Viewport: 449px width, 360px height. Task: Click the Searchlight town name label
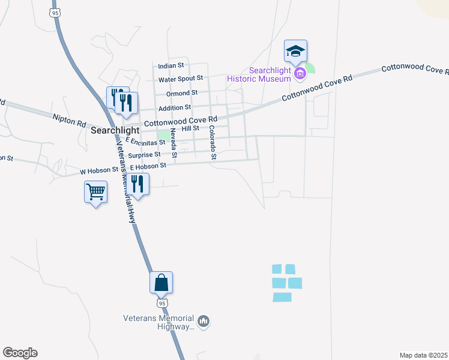pyautogui.click(x=115, y=130)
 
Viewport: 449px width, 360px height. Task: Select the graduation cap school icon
pyautogui.click(x=295, y=51)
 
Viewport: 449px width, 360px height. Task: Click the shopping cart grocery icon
pyautogui.click(x=96, y=192)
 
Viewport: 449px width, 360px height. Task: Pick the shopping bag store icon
pyautogui.click(x=161, y=282)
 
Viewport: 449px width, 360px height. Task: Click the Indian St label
pyautogui.click(x=171, y=65)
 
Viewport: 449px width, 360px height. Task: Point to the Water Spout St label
pyautogui.click(x=181, y=79)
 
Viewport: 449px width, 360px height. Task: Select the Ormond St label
pyautogui.click(x=182, y=93)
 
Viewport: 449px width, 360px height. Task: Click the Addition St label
pyautogui.click(x=174, y=107)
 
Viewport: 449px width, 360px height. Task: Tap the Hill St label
pyautogui.click(x=190, y=128)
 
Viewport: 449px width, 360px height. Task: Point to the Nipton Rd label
pyautogui.click(x=69, y=121)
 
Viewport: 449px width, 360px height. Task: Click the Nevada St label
pyautogui.click(x=173, y=143)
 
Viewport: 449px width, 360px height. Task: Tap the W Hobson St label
pyautogui.click(x=99, y=171)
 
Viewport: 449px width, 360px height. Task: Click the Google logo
pyautogui.click(x=20, y=353)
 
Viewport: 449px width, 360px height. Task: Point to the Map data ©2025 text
pyautogui.click(x=424, y=355)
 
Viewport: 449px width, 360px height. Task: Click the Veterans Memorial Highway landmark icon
pyautogui.click(x=203, y=322)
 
